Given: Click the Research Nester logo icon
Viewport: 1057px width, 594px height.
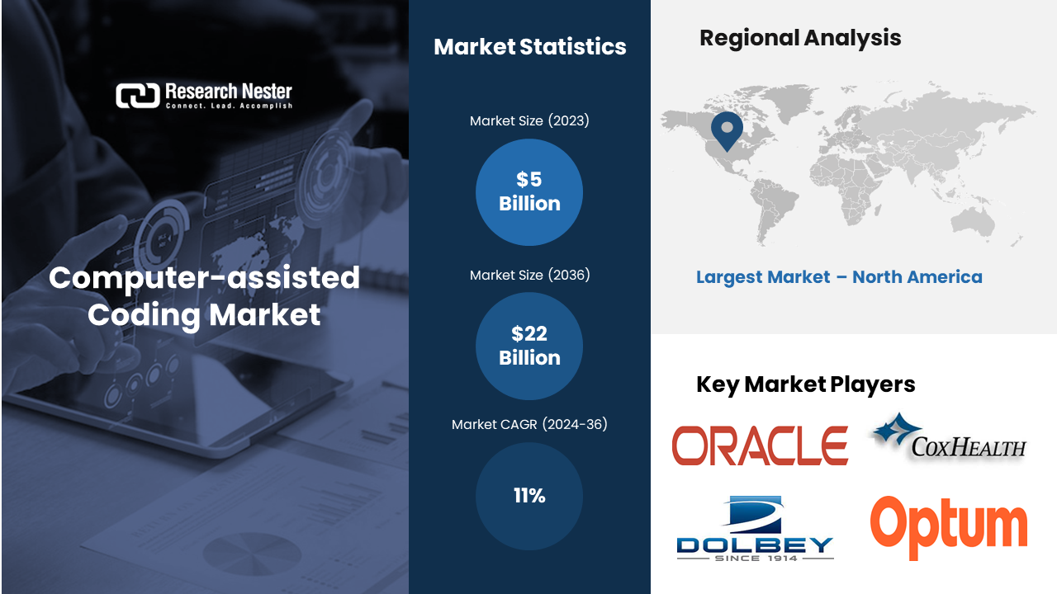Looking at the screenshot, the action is (x=138, y=96).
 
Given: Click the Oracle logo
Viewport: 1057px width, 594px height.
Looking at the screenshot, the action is (x=760, y=445).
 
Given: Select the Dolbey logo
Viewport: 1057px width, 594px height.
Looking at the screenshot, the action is (x=755, y=529).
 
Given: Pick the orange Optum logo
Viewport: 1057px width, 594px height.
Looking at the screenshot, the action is (x=949, y=528).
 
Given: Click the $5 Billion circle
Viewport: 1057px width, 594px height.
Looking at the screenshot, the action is (x=529, y=192).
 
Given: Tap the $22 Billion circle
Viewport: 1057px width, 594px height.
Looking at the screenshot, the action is (x=529, y=346).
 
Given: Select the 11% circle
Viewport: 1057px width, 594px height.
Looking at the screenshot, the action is (x=529, y=496).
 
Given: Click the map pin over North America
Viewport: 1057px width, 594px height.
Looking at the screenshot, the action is (x=727, y=130).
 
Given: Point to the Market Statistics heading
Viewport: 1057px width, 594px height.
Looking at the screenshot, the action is (x=530, y=47).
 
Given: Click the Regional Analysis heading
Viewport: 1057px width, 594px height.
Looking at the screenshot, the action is (x=800, y=38).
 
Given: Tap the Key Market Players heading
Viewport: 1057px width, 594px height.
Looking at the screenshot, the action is (x=805, y=384).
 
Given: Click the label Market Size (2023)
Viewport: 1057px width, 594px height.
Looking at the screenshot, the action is (x=529, y=120).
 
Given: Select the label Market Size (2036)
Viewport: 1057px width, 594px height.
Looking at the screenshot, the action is (x=529, y=275).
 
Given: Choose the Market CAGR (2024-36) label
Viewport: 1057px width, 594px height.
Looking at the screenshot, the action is (x=529, y=424).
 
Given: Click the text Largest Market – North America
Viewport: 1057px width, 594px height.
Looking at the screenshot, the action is (x=839, y=277).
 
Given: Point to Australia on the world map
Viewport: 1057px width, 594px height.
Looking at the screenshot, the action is (x=973, y=222).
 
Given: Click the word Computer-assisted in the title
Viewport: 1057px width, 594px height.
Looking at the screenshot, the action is (x=204, y=278).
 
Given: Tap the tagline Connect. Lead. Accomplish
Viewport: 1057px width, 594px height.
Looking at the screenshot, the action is (x=229, y=106).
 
